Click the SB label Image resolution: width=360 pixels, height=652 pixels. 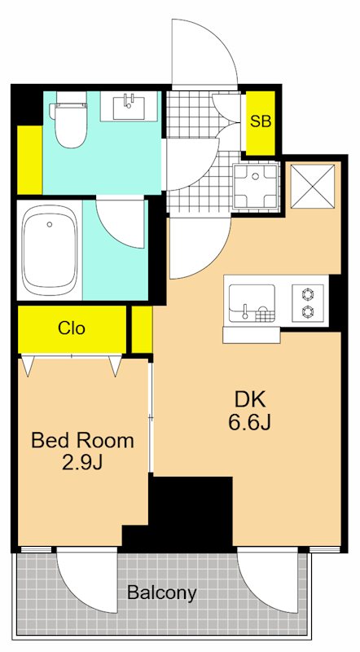(x=261, y=121)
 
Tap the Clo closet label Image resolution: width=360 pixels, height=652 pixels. (x=72, y=328)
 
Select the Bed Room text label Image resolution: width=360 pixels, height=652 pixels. (x=83, y=441)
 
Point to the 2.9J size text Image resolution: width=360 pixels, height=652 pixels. (x=82, y=463)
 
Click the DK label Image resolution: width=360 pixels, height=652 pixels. (x=249, y=400)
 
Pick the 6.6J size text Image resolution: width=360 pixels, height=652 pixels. (x=249, y=423)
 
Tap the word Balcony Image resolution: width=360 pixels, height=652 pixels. (x=162, y=593)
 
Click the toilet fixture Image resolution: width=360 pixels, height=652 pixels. (x=68, y=119)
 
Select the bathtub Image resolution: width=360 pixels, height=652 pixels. (x=50, y=251)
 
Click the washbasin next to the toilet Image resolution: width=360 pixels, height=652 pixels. (x=129, y=107)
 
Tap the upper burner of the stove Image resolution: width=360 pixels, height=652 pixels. (x=308, y=295)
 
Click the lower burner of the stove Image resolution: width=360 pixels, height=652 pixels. (x=308, y=311)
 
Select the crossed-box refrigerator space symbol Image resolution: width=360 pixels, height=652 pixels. (x=312, y=187)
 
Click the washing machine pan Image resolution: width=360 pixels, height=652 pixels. (x=255, y=186)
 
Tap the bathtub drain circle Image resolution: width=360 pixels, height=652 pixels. (x=50, y=225)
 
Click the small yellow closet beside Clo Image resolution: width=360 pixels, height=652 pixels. (x=142, y=330)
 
